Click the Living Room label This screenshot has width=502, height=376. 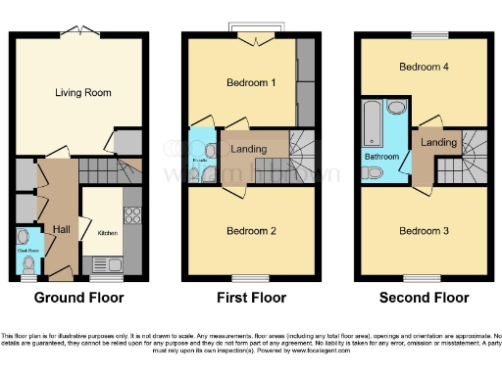click(83, 93)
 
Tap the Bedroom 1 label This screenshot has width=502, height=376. click(246, 83)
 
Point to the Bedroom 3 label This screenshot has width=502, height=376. click(424, 231)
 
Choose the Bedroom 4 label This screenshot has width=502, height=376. click(424, 68)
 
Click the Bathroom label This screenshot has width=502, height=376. click(382, 156)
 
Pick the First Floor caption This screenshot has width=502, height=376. click(251, 298)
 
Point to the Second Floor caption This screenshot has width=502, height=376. click(425, 298)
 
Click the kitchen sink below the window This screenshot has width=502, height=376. click(103, 262)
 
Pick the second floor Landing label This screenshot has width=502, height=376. click(439, 143)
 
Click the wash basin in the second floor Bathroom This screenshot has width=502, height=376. click(396, 108)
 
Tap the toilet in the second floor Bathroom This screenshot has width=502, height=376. click(374, 173)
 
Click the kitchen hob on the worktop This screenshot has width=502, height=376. click(133, 214)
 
